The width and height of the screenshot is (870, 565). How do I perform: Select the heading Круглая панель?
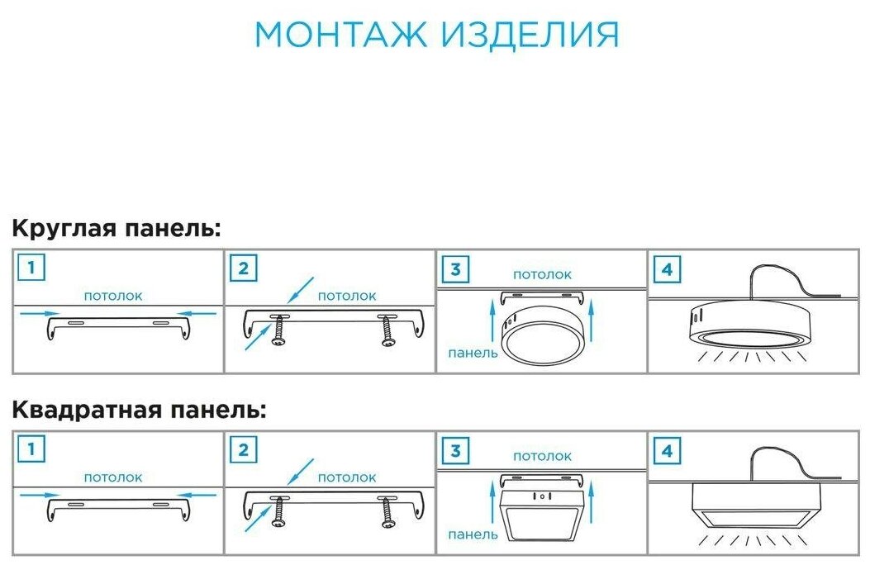(x=116, y=229)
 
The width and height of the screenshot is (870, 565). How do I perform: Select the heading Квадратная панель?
(x=139, y=410)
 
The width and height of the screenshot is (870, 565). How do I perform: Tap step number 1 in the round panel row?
(x=31, y=268)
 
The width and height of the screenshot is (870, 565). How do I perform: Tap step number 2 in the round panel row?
(x=243, y=268)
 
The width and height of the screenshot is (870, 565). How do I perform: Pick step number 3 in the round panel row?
(x=454, y=269)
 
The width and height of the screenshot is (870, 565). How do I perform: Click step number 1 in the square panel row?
(x=31, y=449)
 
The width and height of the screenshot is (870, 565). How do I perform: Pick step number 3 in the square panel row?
(x=454, y=451)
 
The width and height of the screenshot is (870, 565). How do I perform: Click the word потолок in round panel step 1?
(x=113, y=295)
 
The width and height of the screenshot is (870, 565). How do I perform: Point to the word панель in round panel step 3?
(x=473, y=354)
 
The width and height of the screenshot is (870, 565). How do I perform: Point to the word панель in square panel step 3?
(x=473, y=535)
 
